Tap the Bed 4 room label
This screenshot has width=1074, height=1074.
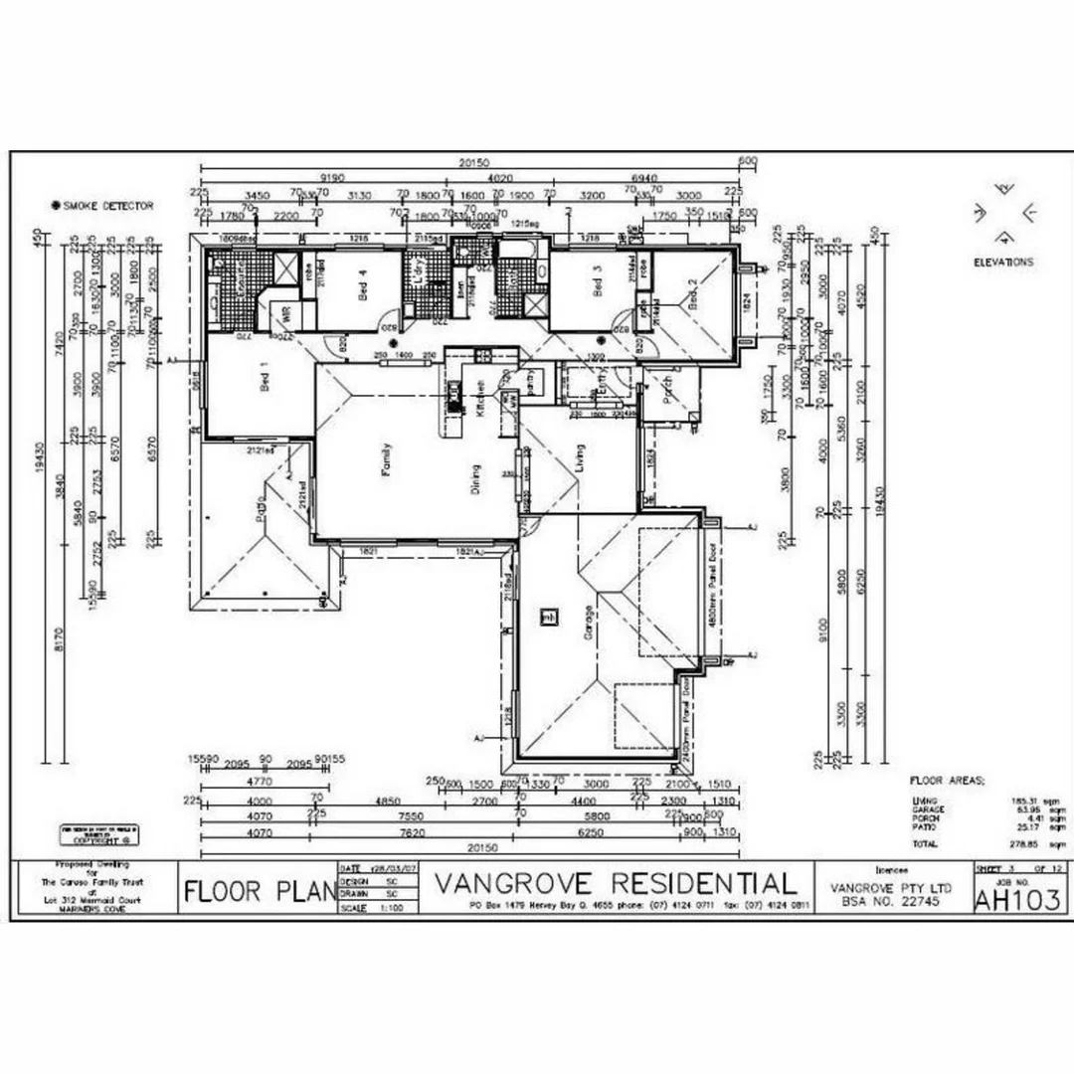click(x=364, y=289)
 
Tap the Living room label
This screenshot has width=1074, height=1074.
click(x=579, y=458)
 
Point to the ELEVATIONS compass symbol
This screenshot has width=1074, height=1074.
click(x=1004, y=213)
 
